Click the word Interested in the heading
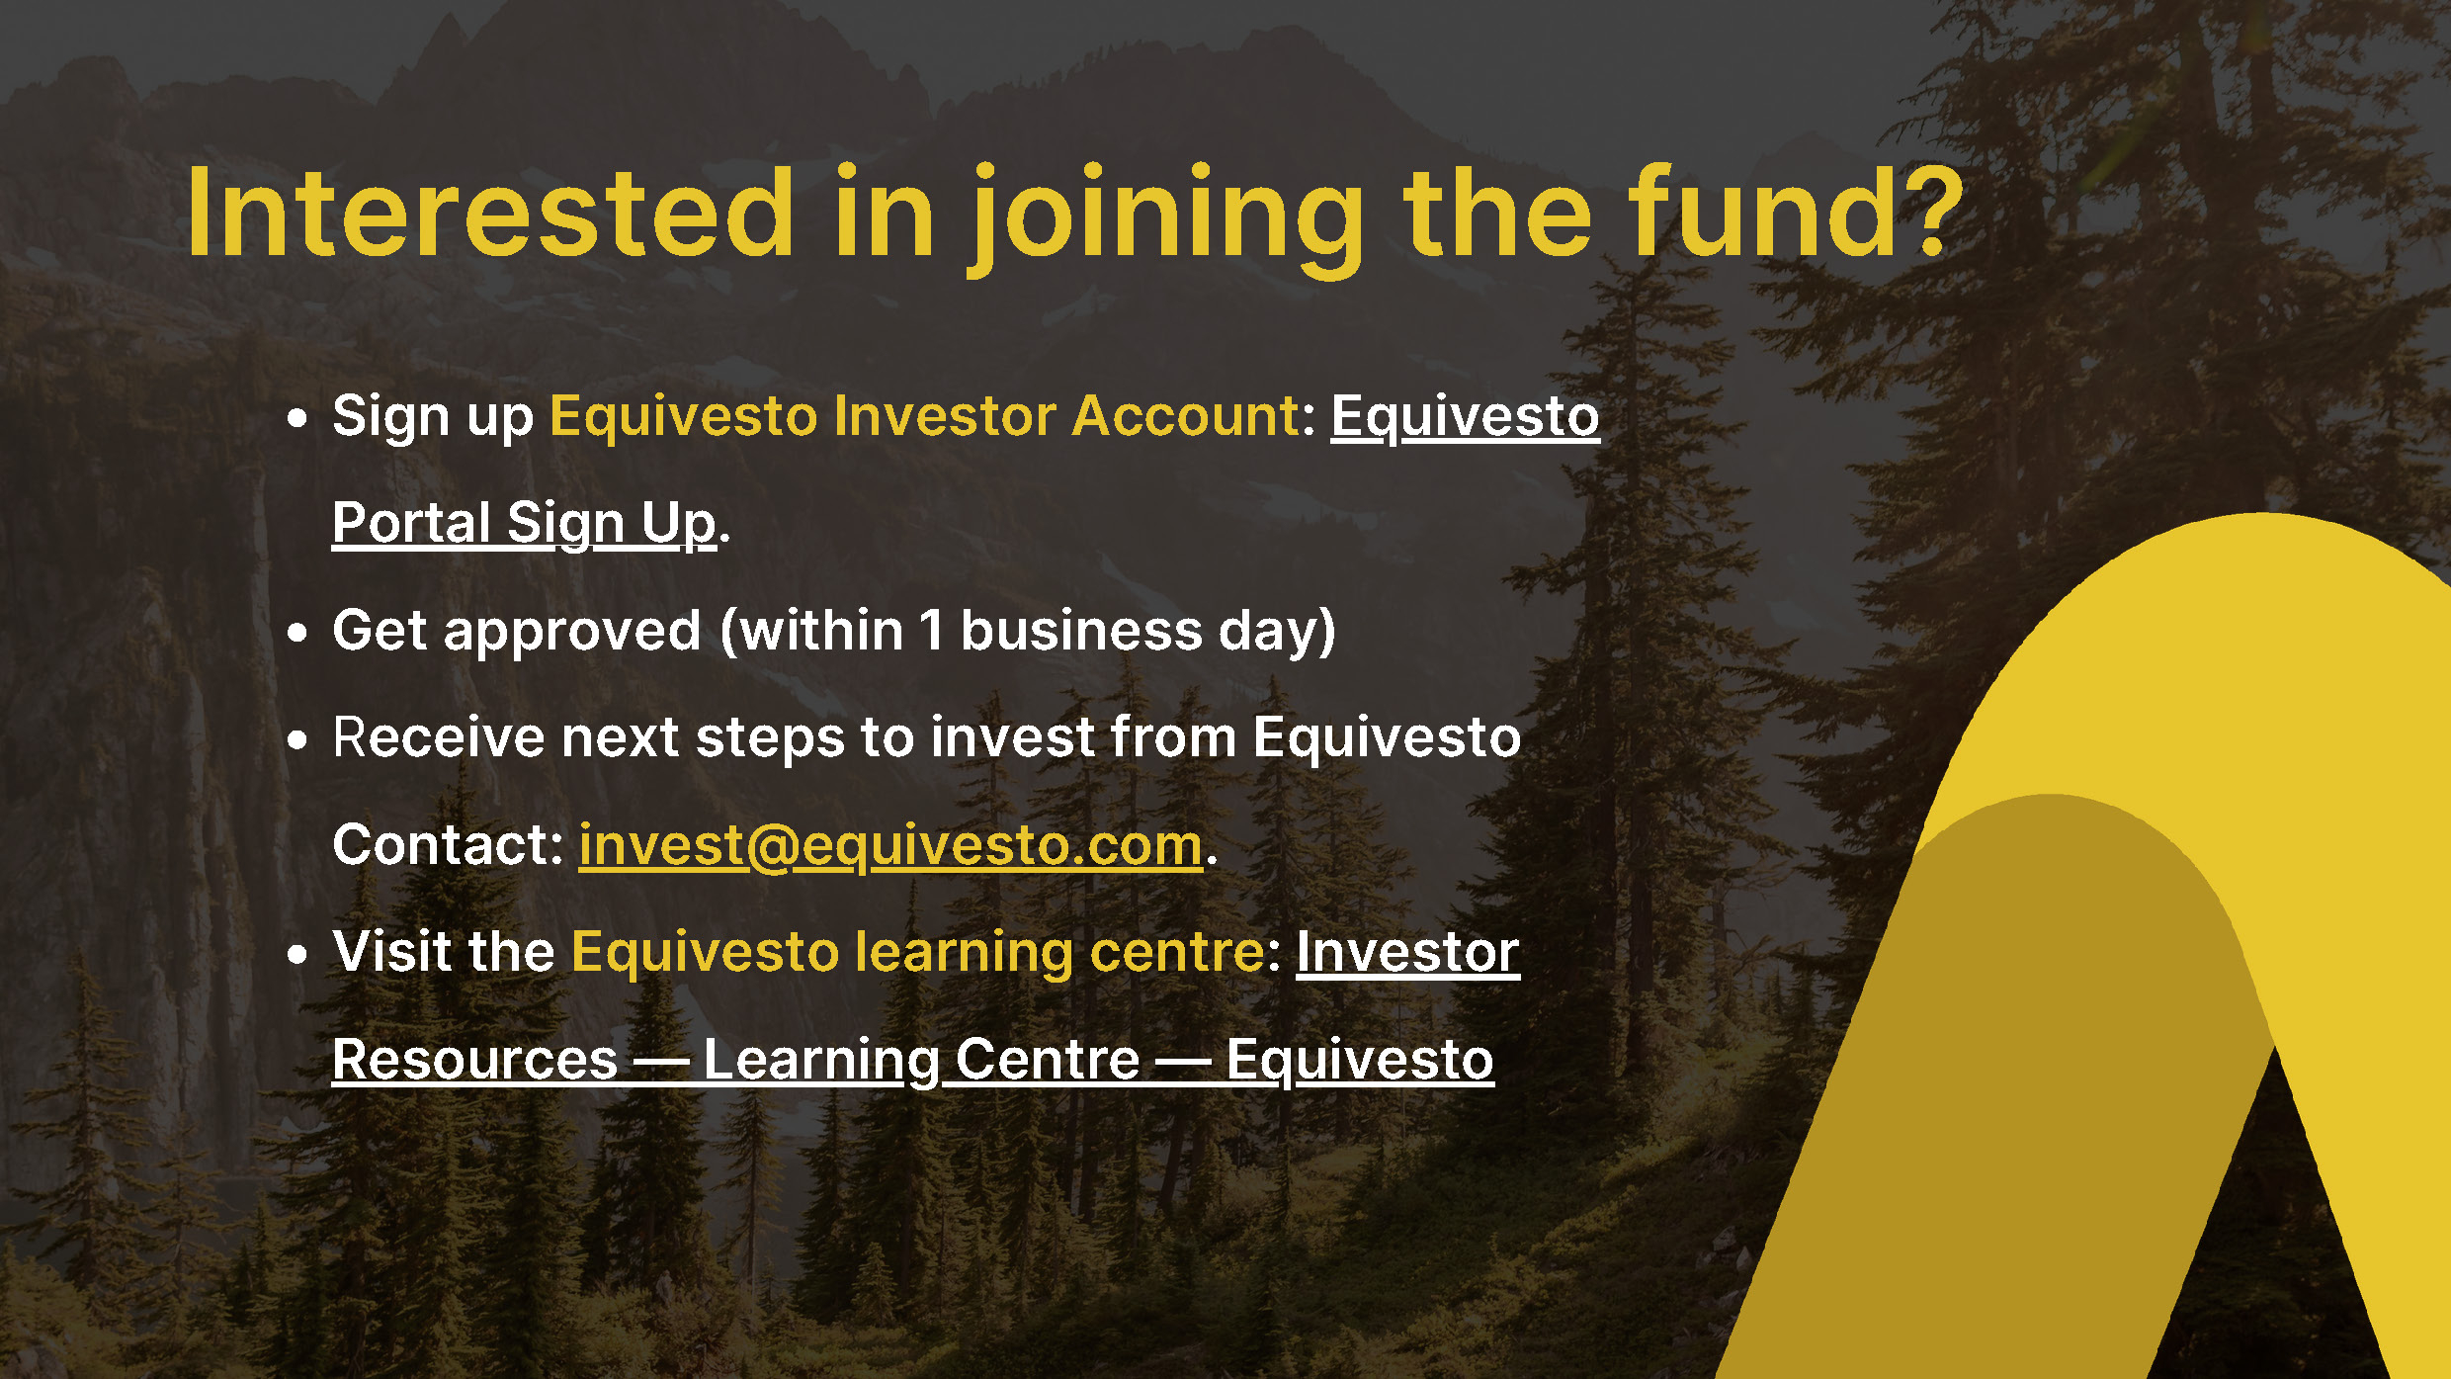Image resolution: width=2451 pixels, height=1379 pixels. [x=490, y=213]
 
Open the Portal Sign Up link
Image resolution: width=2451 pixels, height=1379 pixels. [x=524, y=523]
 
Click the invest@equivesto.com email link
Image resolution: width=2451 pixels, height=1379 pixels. [x=890, y=846]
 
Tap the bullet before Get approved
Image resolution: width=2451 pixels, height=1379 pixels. [x=297, y=632]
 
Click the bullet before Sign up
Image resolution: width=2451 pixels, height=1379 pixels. [x=297, y=418]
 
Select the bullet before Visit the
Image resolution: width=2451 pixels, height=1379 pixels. [x=297, y=954]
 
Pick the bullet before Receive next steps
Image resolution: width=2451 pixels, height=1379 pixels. [x=297, y=739]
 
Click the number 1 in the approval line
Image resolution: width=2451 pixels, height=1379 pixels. [x=931, y=631]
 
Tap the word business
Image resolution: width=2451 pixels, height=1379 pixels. [x=1081, y=631]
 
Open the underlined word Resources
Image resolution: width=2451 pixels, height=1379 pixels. [x=474, y=1061]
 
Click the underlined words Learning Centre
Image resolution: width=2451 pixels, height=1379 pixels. [x=921, y=1061]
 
